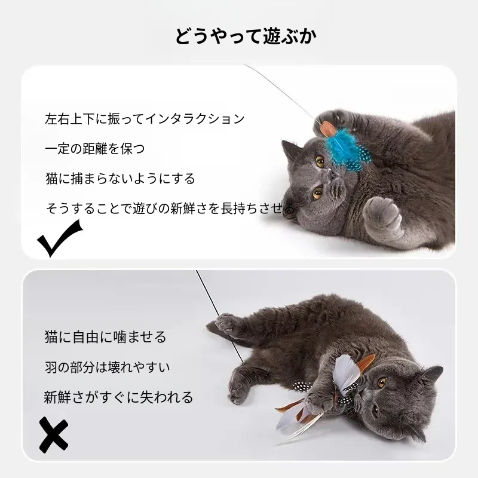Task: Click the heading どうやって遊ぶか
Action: point(246,36)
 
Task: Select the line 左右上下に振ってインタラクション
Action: point(145,118)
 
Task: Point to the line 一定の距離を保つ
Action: point(95,148)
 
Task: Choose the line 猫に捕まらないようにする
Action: point(120,179)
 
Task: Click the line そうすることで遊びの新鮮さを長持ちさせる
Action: point(170,209)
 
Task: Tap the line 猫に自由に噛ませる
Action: point(106,337)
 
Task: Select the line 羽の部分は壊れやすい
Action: point(108,367)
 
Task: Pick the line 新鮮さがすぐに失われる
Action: point(118,397)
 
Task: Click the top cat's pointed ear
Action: point(291,152)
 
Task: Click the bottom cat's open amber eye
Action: point(382,381)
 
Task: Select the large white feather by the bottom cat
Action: point(345,371)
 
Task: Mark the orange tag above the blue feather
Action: point(327,128)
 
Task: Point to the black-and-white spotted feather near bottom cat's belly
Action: point(301,386)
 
